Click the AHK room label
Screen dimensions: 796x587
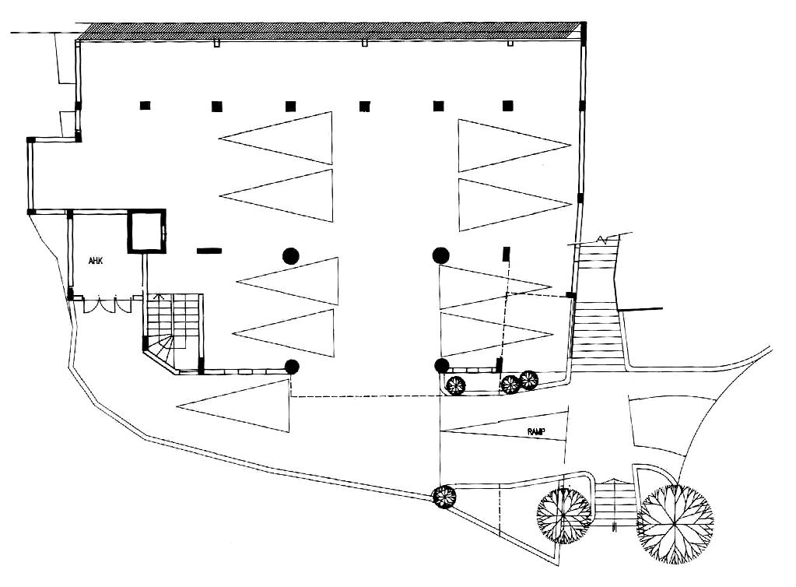tap(96, 260)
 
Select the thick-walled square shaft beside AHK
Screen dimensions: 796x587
tap(146, 231)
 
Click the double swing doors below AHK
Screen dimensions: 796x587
tap(107, 305)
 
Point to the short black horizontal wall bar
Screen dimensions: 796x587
tap(209, 251)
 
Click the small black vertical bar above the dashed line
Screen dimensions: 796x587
tap(507, 254)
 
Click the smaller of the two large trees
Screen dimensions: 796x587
tap(564, 515)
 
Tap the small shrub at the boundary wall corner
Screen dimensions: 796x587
tap(444, 496)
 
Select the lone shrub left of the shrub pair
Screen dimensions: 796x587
tap(456, 385)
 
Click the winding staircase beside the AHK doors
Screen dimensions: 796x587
tap(173, 327)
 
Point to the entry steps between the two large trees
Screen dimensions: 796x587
tap(615, 506)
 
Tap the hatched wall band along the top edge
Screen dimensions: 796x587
tap(331, 31)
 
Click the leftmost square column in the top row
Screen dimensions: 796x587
tap(145, 106)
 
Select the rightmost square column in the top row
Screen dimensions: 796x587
tap(508, 106)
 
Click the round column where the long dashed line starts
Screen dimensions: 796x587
tap(292, 367)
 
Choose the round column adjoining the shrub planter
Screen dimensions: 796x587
tap(441, 366)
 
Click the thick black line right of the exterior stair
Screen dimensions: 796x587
tap(641, 310)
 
